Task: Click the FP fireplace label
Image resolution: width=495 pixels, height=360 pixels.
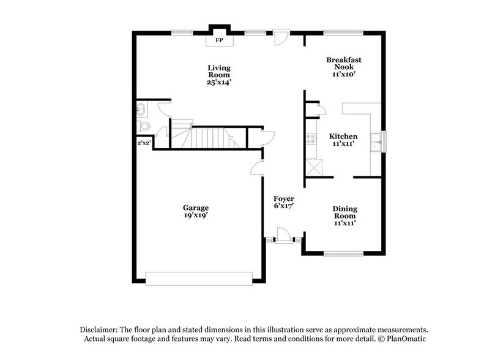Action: click(218, 40)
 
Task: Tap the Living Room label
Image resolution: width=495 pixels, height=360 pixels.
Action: click(218, 71)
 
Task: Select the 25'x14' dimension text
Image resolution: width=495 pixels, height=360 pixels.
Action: click(218, 81)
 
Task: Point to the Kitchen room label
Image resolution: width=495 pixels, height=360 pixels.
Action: click(343, 136)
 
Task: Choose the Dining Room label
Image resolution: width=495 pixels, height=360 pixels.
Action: click(344, 212)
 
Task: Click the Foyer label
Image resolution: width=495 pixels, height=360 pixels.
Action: click(285, 199)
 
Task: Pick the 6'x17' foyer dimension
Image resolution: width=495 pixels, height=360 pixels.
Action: click(285, 207)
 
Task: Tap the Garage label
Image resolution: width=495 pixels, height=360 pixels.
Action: click(196, 208)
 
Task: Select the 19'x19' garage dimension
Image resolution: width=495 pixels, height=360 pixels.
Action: click(196, 216)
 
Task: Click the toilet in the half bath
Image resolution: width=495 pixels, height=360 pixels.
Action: click(144, 126)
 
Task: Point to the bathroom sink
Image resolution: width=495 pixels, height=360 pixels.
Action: click(140, 110)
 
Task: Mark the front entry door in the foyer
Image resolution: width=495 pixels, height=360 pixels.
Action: click(283, 236)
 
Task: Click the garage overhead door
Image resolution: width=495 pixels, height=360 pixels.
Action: click(199, 278)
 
